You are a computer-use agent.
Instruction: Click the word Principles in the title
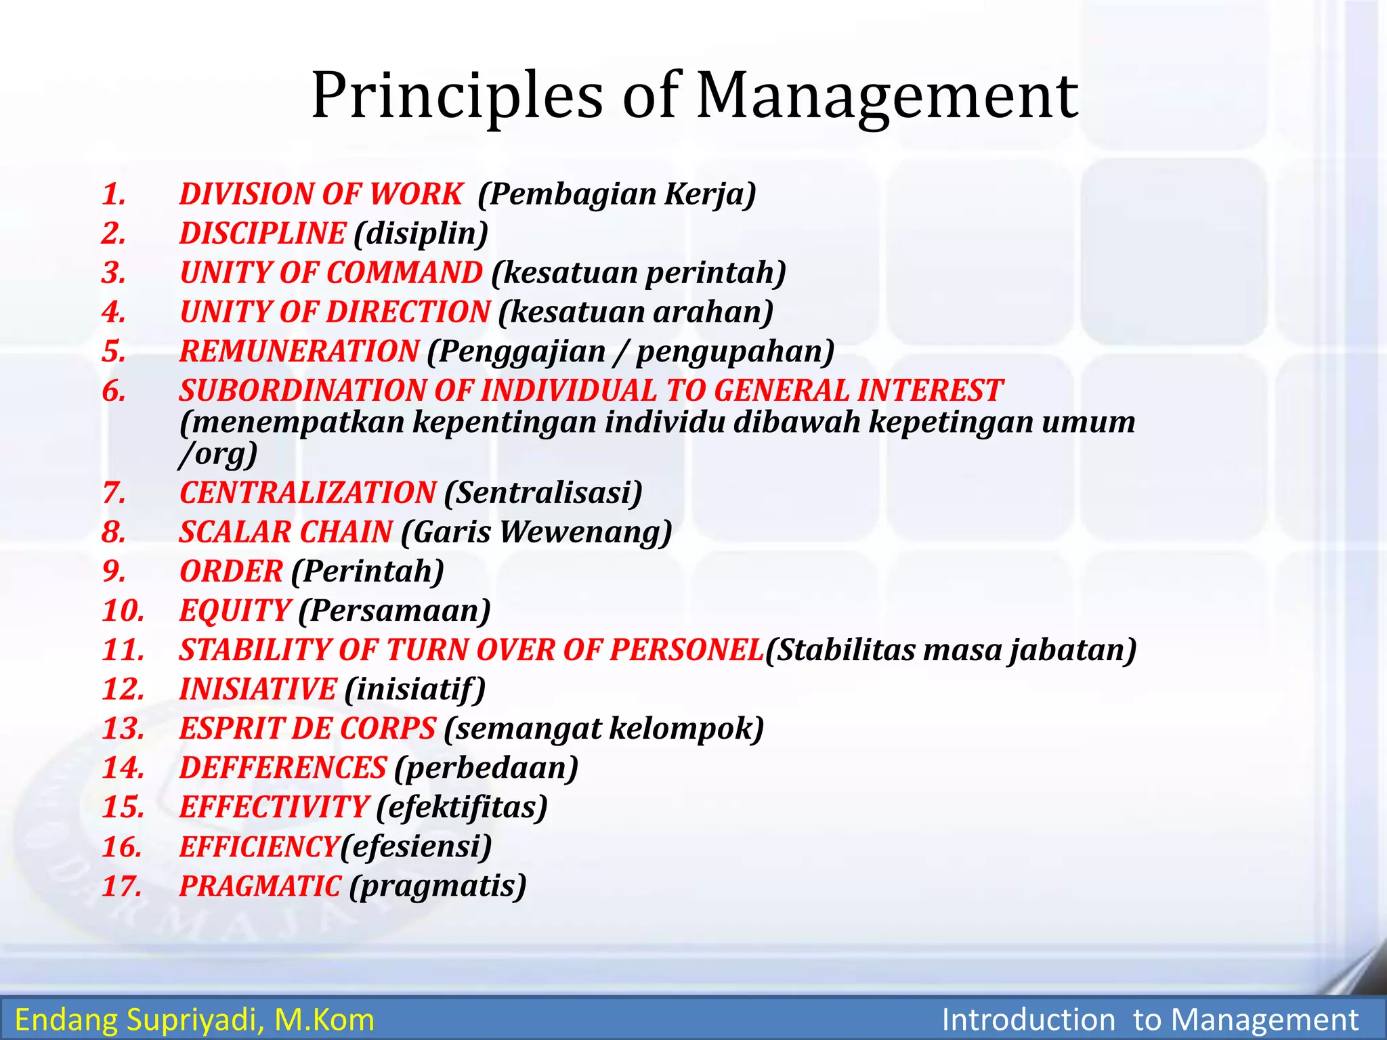pyautogui.click(x=456, y=96)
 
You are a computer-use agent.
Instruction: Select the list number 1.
pyautogui.click(x=114, y=194)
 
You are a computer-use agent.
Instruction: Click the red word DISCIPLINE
pyautogui.click(x=263, y=234)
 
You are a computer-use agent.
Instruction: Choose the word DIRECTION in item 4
pyautogui.click(x=412, y=312)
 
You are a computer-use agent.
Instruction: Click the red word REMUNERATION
pyautogui.click(x=299, y=351)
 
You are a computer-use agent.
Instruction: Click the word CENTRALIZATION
pyautogui.click(x=308, y=492)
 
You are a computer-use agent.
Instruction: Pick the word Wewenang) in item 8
pyautogui.click(x=586, y=532)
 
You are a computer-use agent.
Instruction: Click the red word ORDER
pyautogui.click(x=231, y=571)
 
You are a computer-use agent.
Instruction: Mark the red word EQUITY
pyautogui.click(x=235, y=611)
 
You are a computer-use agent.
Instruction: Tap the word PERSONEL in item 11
pyautogui.click(x=687, y=650)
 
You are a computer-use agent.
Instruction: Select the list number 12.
pyautogui.click(x=123, y=689)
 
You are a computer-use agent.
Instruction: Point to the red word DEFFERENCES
pyautogui.click(x=282, y=768)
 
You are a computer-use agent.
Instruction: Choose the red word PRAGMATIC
pyautogui.click(x=260, y=886)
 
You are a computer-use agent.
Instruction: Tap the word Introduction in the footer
pyautogui.click(x=1028, y=1020)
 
